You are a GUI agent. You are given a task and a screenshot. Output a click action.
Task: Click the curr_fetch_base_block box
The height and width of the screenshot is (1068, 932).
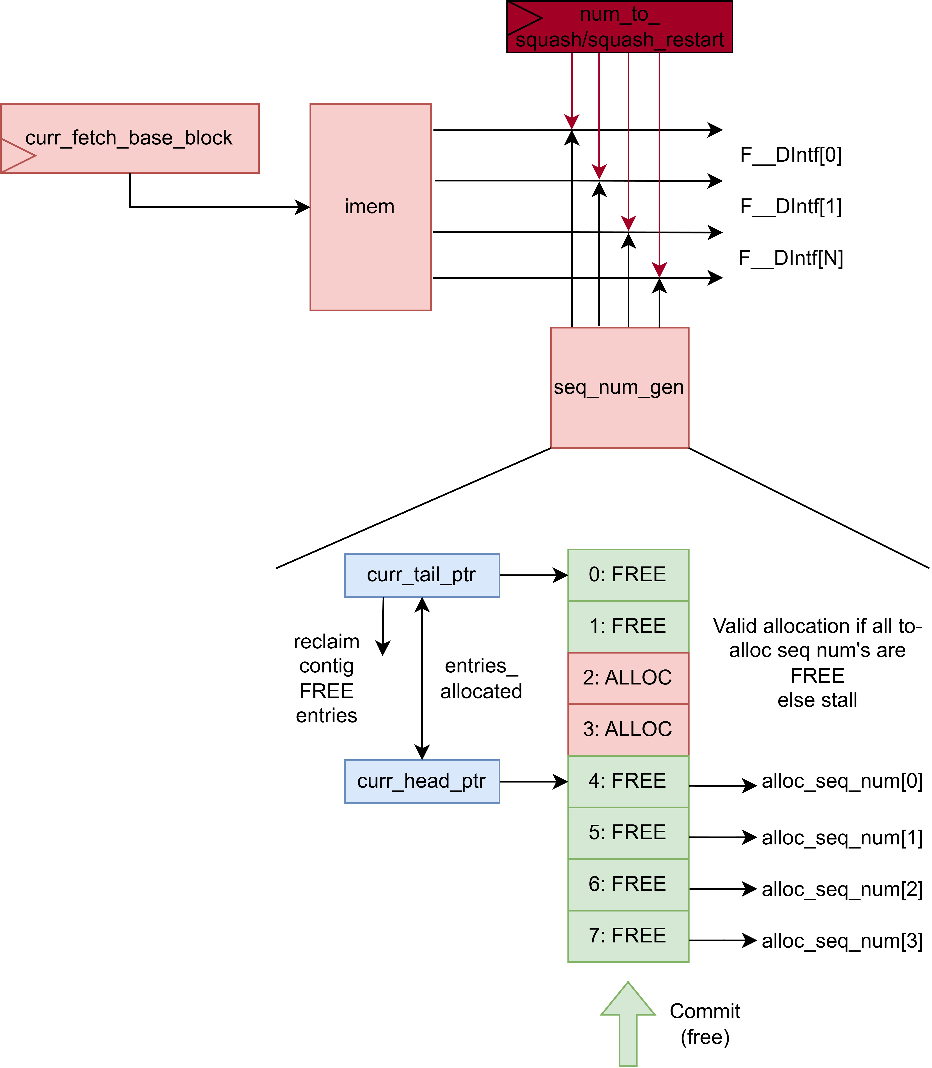click(129, 138)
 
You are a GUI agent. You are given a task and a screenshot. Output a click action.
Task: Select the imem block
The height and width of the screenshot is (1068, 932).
click(370, 207)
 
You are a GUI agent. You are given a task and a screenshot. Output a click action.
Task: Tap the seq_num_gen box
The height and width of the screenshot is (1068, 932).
click(619, 388)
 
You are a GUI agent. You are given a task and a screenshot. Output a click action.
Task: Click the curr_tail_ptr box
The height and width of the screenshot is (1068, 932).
click(422, 575)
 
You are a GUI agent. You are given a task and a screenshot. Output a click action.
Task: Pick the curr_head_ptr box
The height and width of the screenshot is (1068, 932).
click(422, 781)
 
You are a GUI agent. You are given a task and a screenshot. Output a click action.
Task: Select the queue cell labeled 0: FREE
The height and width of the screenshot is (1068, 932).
click(628, 575)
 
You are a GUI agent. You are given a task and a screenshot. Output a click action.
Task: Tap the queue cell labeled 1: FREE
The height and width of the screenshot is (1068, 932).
click(628, 626)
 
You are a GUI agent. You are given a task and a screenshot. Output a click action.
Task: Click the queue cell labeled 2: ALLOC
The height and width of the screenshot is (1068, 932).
click(628, 678)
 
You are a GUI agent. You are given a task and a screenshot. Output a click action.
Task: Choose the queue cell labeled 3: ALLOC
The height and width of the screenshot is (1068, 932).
click(628, 729)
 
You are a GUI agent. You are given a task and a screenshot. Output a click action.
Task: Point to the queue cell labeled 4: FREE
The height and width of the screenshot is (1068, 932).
click(628, 781)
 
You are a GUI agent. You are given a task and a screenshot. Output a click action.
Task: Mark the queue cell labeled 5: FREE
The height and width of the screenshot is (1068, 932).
click(628, 832)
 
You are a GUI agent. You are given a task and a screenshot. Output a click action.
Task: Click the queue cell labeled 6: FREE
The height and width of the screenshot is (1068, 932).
click(628, 884)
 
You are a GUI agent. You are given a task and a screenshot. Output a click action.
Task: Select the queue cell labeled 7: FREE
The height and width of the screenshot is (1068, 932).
click(628, 935)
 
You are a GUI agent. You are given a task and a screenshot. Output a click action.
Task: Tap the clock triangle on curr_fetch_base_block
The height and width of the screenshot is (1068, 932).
click(16, 155)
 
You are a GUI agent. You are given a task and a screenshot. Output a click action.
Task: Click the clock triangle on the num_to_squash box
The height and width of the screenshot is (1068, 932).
click(523, 18)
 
